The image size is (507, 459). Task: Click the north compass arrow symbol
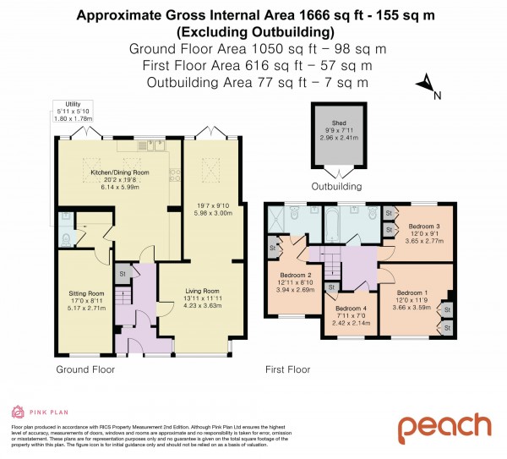click(x=427, y=85)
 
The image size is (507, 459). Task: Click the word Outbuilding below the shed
click(x=337, y=186)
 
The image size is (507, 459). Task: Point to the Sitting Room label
click(x=85, y=294)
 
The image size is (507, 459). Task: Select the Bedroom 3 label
click(x=425, y=227)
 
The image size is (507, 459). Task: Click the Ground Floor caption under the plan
click(x=85, y=369)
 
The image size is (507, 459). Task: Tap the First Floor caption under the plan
click(x=287, y=369)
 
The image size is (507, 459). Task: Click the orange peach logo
click(x=444, y=427)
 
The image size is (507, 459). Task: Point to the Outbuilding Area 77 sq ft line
click(x=258, y=82)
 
